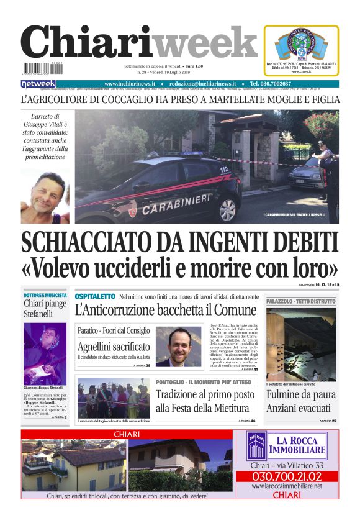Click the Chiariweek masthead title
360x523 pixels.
pyautogui.click(x=139, y=43)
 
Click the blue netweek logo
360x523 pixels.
pyautogui.click(x=38, y=84)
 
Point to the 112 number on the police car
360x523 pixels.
pyautogui.click(x=224, y=169)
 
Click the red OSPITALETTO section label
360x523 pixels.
pyautogui.click(x=95, y=296)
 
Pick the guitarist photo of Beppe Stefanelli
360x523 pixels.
pyautogui.click(x=45, y=354)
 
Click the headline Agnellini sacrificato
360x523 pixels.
pyautogui.click(x=114, y=347)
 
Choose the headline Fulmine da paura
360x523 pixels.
pyautogui.click(x=301, y=394)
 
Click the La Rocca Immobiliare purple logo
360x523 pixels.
pyautogui.click(x=256, y=446)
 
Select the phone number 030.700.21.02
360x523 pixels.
pyautogui.click(x=287, y=476)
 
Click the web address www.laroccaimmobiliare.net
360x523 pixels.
pyautogui.click(x=287, y=486)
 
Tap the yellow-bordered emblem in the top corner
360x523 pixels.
pyautogui.click(x=301, y=50)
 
